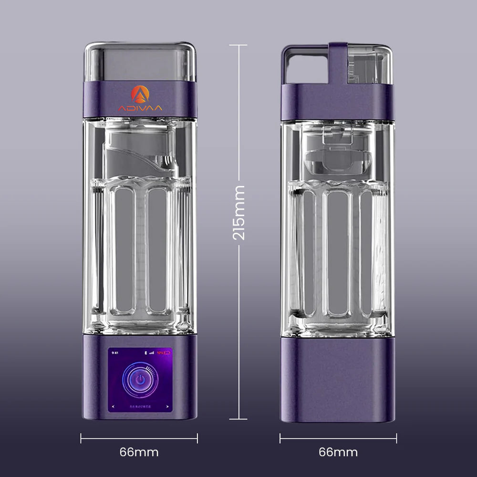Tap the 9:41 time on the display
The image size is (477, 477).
click(114, 353)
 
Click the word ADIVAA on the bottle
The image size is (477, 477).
click(140, 108)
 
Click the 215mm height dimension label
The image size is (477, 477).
click(239, 212)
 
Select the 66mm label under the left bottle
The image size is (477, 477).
click(139, 452)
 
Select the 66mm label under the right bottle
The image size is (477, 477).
click(338, 452)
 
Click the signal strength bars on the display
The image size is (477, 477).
click(152, 353)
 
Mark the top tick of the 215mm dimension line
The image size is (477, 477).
click(238, 45)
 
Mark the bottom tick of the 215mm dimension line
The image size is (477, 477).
click(238, 419)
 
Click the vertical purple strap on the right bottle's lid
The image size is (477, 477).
click(338, 62)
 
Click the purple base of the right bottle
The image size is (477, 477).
click(338, 379)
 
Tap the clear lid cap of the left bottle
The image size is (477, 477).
click(140, 62)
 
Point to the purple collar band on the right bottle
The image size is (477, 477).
click(338, 101)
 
